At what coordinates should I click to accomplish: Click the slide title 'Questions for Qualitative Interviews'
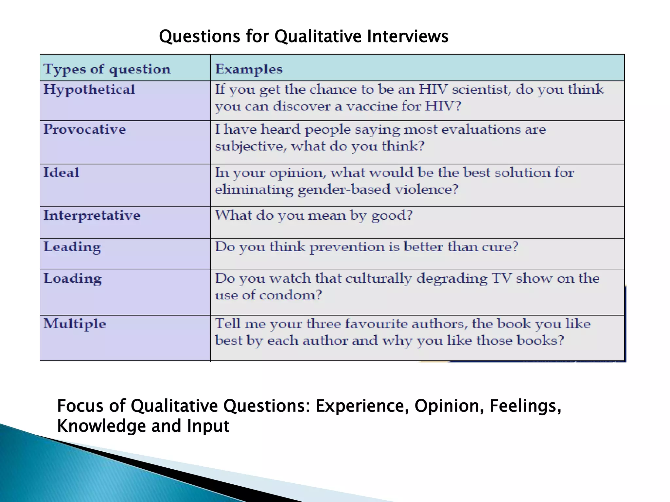pyautogui.click(x=303, y=36)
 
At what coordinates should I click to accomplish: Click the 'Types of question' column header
pyautogui.click(x=107, y=69)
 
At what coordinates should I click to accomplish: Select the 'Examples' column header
pyautogui.click(x=249, y=69)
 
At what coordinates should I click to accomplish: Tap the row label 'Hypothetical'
pyautogui.click(x=89, y=90)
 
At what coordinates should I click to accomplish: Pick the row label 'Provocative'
pyautogui.click(x=84, y=129)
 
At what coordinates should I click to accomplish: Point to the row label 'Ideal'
pyautogui.click(x=61, y=173)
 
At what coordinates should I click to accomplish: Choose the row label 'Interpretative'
pyautogui.click(x=92, y=215)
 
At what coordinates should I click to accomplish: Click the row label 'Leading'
pyautogui.click(x=72, y=247)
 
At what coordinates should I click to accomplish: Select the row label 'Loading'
pyautogui.click(x=73, y=278)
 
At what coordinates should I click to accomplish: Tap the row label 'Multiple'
pyautogui.click(x=75, y=324)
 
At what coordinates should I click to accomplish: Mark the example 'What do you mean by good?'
pyautogui.click(x=313, y=215)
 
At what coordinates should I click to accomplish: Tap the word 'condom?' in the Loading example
pyautogui.click(x=291, y=295)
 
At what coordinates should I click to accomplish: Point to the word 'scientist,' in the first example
pyautogui.click(x=481, y=90)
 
